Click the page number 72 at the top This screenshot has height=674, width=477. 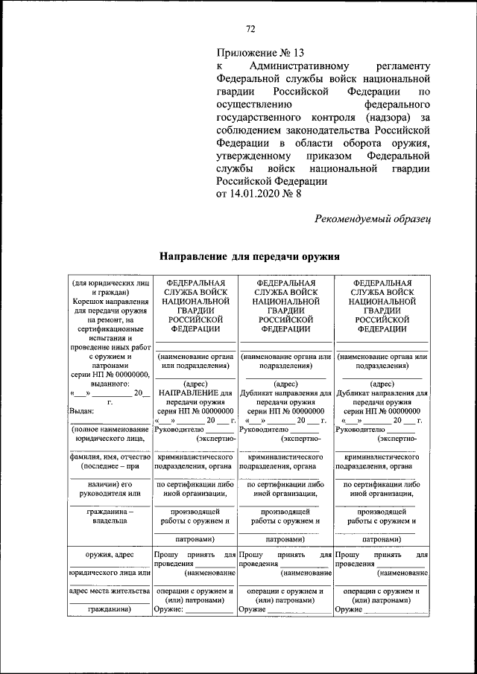tap(251, 29)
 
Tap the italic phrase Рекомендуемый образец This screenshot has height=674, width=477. tap(373, 218)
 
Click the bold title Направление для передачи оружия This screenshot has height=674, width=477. tap(250, 256)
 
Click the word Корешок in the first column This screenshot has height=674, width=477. tap(89, 304)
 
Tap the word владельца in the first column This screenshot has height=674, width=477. tap(110, 522)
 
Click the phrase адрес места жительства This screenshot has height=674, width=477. tap(110, 591)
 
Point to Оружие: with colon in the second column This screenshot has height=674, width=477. tap(168, 609)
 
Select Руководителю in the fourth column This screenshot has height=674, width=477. tap(360, 429)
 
